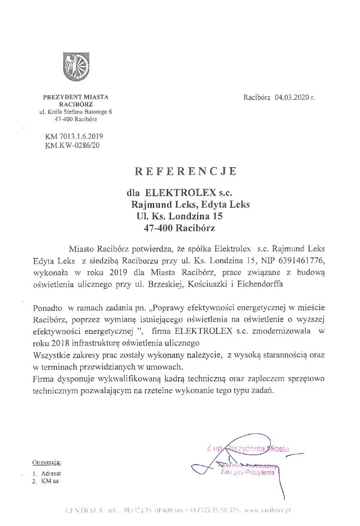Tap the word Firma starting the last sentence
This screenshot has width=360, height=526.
45,379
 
